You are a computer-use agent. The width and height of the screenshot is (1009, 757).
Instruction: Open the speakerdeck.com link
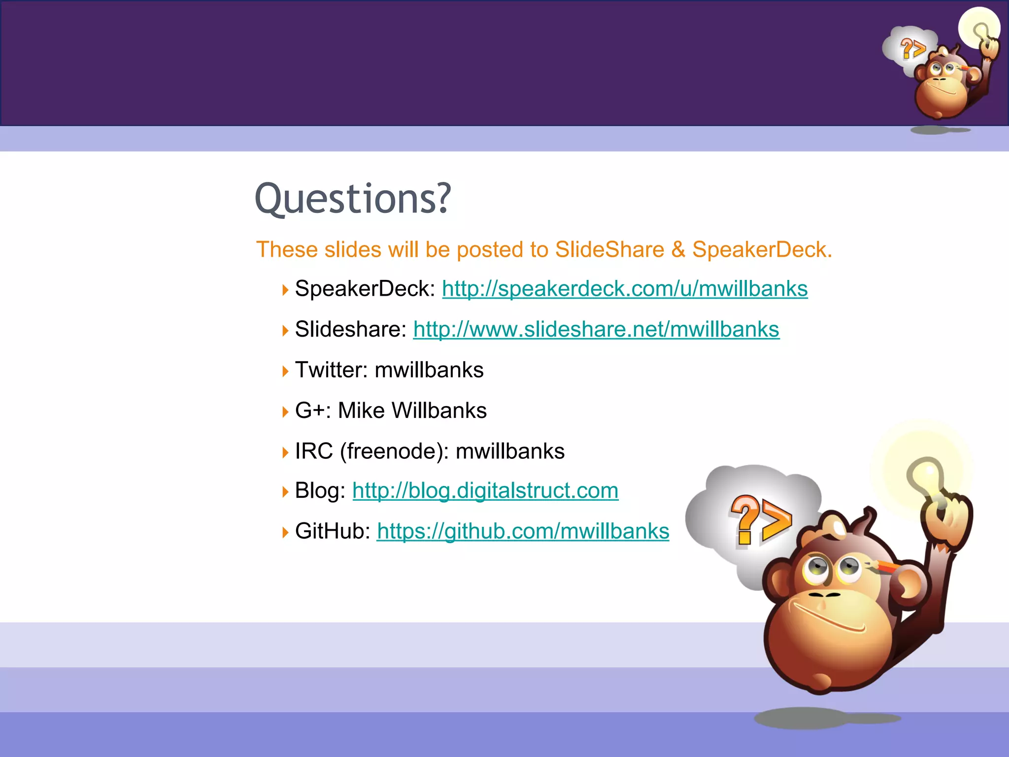[x=624, y=289]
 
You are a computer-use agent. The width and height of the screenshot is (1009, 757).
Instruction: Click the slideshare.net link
[x=596, y=329]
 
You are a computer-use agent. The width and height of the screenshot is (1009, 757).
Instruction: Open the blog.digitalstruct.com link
[x=485, y=491]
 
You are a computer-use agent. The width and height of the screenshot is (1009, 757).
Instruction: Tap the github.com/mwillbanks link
[x=523, y=531]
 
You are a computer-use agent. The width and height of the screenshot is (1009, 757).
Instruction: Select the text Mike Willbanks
[x=412, y=411]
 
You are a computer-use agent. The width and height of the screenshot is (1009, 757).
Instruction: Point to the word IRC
[x=314, y=451]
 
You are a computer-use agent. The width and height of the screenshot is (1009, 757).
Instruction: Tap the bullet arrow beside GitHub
[x=285, y=532]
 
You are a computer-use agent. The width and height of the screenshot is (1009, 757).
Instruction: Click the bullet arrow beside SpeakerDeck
[x=285, y=290]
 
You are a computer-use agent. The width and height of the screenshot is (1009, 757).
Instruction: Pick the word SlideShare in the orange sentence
[x=609, y=250]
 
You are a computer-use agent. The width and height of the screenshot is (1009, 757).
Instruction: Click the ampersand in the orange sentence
[x=678, y=250]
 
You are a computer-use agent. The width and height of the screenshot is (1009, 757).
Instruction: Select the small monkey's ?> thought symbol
[x=912, y=49]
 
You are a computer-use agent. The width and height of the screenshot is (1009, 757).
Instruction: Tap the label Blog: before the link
[x=320, y=491]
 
